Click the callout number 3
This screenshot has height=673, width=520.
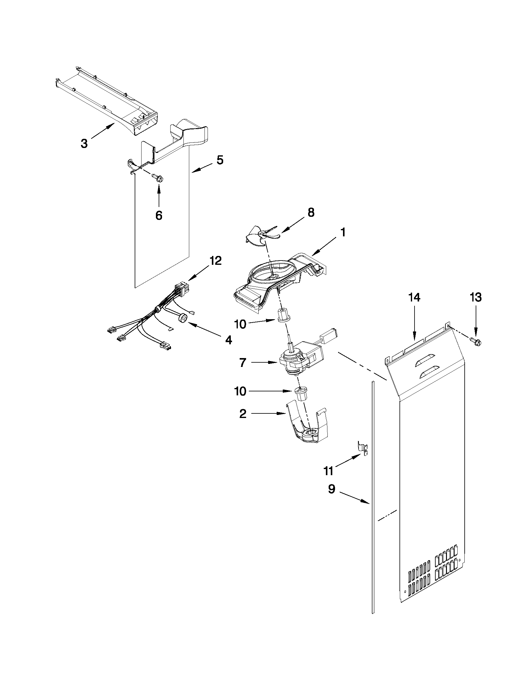84,143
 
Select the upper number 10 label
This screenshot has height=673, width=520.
240,324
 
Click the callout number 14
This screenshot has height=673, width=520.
414,298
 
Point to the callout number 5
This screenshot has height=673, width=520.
219,160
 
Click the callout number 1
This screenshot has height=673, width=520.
343,232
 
